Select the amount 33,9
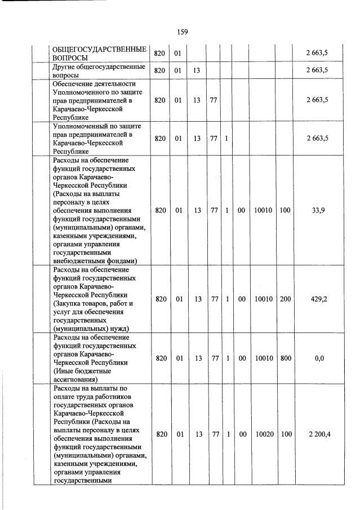[317, 210]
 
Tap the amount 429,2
[317, 299]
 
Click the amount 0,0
[319, 358]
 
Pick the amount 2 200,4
[317, 434]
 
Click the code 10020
[263, 434]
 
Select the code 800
[285, 358]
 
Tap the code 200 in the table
[285, 299]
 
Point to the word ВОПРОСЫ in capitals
[70, 58]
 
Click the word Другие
[64, 66]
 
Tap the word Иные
[63, 371]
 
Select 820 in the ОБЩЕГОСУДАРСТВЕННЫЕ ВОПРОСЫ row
[160, 54]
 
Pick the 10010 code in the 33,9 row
[263, 210]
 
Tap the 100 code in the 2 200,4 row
[285, 434]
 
